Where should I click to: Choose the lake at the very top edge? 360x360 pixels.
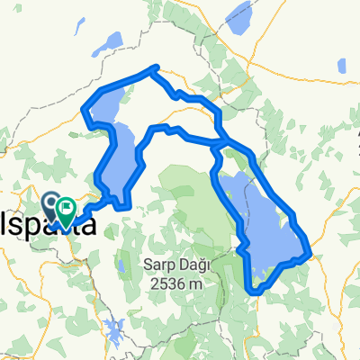click(238, 13)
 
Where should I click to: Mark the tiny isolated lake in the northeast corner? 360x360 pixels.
click(341, 66)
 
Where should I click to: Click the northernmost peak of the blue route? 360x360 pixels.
click(157, 67)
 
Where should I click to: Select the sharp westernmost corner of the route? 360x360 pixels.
click(84, 111)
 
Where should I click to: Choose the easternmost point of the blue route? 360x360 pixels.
click(310, 251)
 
